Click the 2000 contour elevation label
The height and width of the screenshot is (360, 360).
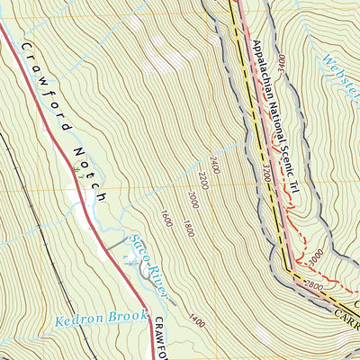point(193,199)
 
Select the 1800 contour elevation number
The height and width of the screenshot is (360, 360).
point(186,227)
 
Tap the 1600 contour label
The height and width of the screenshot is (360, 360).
point(165,217)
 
